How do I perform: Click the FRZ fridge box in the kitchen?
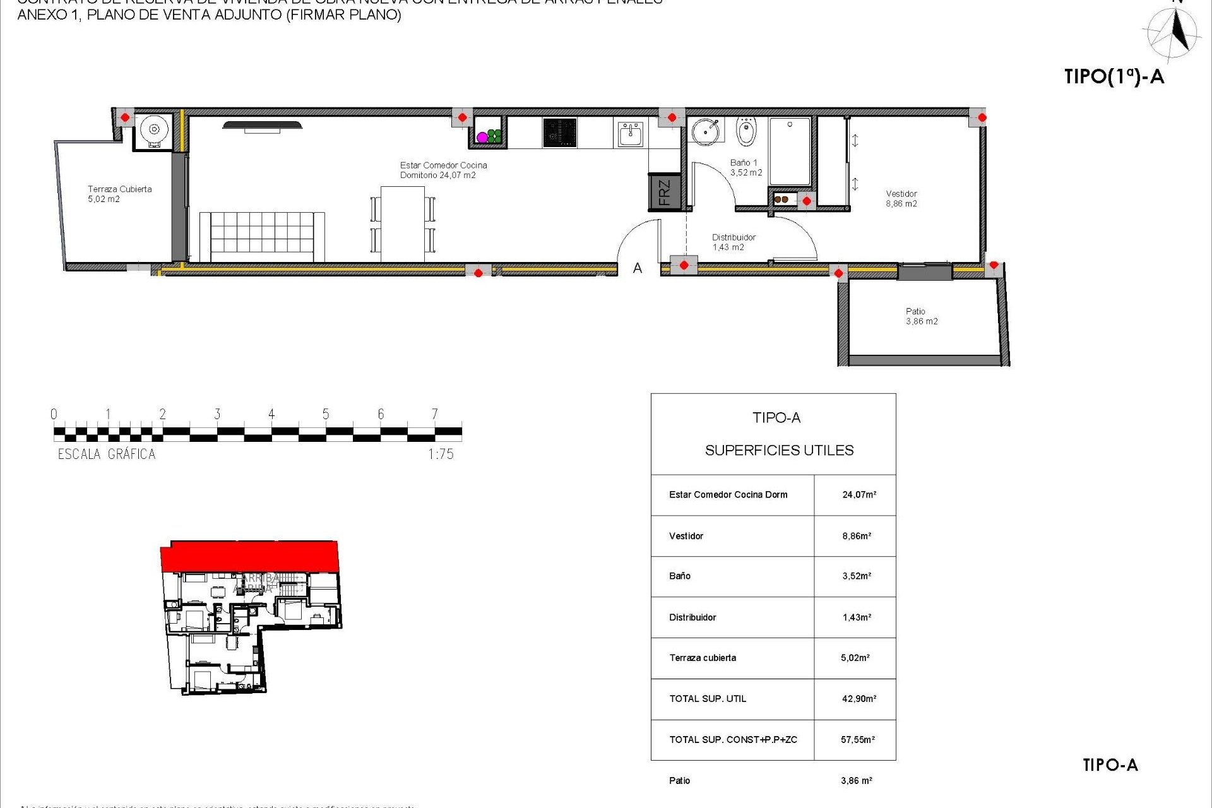[x=664, y=192]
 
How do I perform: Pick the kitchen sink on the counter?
[x=630, y=134]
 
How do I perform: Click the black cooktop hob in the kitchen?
[x=559, y=133]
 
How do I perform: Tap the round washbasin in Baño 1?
[x=705, y=131]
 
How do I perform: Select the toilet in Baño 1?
[x=746, y=132]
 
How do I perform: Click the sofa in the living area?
[x=262, y=236]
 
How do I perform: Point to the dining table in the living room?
[x=403, y=223]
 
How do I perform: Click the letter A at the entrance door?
[x=638, y=268]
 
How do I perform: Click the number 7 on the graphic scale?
[x=434, y=414]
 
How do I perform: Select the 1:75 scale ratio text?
[x=441, y=454]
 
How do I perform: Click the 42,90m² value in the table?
[x=858, y=699]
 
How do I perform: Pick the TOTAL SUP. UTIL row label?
[x=708, y=699]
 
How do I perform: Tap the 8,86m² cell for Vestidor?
[x=857, y=536]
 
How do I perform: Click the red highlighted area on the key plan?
[x=250, y=556]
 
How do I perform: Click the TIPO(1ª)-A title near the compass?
[x=1114, y=77]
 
